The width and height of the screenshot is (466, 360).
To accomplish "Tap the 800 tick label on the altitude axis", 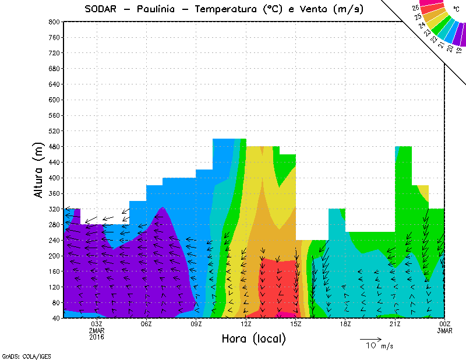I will (54, 22).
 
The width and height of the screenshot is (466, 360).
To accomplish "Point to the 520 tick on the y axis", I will (54, 131).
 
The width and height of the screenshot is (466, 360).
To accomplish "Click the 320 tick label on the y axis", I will (54, 209).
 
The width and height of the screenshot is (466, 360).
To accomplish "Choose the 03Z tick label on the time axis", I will (97, 324).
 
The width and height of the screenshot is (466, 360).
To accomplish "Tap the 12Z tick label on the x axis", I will (246, 324).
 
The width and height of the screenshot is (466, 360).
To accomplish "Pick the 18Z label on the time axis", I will (345, 324).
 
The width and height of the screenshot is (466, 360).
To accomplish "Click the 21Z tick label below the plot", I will (396, 324).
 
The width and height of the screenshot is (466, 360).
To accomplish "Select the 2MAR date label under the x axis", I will (97, 330).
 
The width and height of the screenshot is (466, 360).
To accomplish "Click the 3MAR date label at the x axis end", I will (445, 330).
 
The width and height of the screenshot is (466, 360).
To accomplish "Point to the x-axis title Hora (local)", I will (253, 338).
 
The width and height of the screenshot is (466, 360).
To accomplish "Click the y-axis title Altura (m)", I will (39, 169).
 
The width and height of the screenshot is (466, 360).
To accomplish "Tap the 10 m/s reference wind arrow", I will (370, 338).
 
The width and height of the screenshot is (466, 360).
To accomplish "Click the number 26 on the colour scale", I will (415, 8).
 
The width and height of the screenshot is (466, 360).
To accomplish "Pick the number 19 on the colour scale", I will (459, 50).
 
